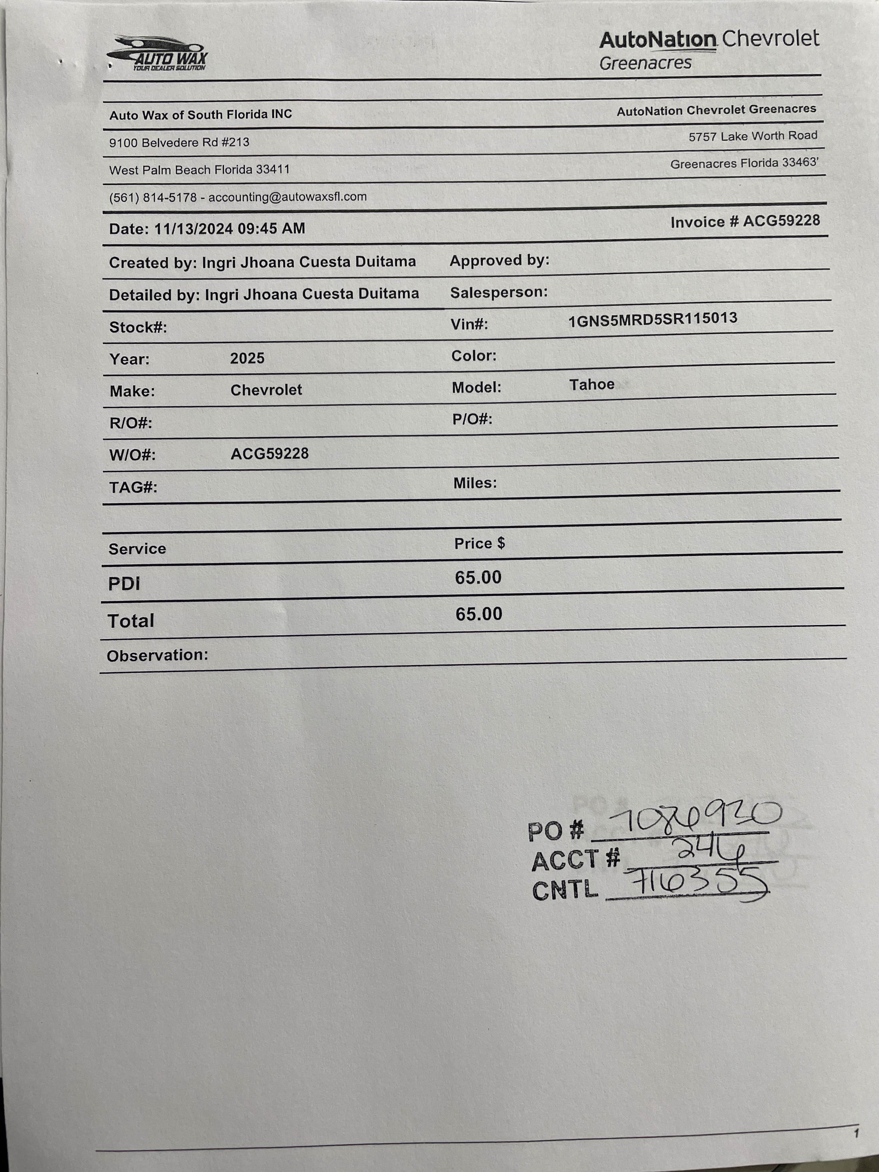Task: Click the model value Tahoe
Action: click(592, 384)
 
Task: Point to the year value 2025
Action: click(247, 358)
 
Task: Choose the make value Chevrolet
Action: click(266, 390)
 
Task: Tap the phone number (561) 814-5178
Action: click(153, 198)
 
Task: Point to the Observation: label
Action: click(157, 655)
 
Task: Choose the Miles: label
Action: click(475, 483)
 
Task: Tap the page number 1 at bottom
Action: click(856, 1134)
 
